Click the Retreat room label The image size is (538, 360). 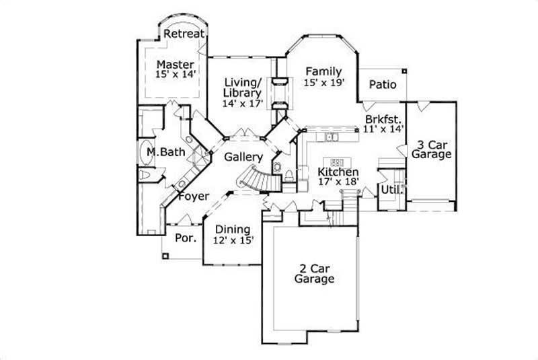184,33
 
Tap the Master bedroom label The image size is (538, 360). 176,65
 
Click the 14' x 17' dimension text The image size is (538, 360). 243,104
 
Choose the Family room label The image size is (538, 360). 323,71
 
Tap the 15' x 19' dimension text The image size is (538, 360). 323,83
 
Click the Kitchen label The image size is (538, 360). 338,172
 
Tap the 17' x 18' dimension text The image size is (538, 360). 338,182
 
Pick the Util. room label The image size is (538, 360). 391,190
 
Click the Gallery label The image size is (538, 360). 243,156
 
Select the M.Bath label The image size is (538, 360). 165,153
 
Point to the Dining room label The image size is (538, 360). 233,229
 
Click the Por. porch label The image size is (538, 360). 185,238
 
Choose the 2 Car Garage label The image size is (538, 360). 314,273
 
